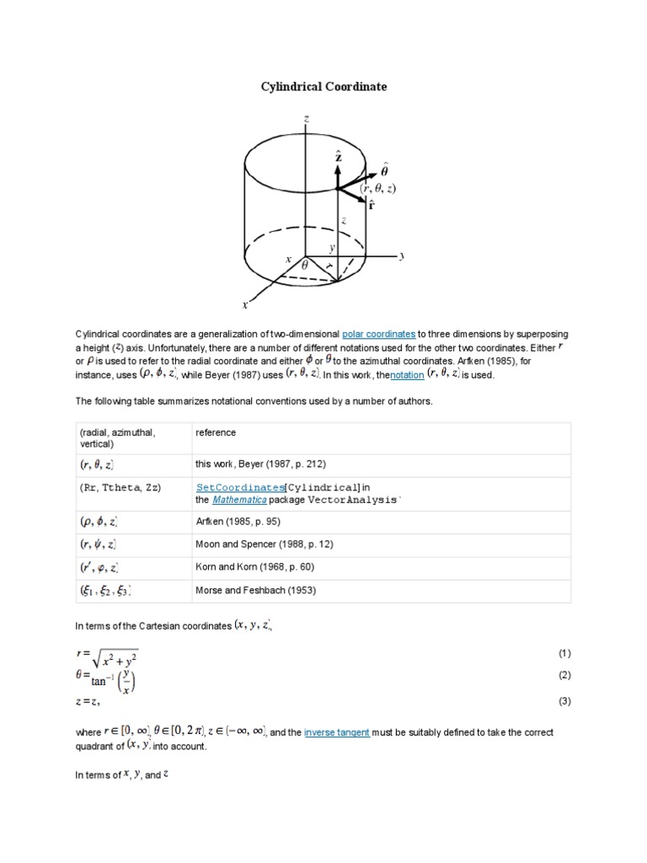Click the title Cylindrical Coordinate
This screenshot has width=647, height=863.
coord(323,87)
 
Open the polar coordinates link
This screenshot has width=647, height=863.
coord(378,335)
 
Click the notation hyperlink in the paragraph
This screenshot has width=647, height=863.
coord(407,375)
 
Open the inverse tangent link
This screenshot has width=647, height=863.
coord(336,733)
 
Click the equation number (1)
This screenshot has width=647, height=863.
coord(564,653)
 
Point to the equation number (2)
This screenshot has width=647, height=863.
coord(564,676)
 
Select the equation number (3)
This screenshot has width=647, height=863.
coord(564,701)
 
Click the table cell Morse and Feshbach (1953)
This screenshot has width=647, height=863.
coord(255,590)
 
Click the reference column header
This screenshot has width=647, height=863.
coord(216,432)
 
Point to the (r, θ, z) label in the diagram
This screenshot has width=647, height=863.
coord(378,190)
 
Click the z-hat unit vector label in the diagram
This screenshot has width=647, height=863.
coord(338,157)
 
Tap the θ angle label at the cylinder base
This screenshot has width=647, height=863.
coord(304,263)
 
